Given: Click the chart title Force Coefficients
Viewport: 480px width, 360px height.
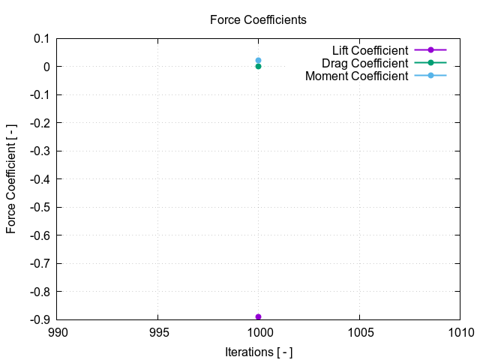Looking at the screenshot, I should tap(258, 20).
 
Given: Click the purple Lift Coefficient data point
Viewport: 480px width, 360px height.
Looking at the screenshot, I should tap(258, 316).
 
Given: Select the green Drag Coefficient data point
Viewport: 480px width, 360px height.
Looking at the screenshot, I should tap(258, 66).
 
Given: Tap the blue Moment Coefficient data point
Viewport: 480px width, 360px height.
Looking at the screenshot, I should tap(258, 60).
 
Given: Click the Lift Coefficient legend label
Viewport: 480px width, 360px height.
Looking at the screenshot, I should tap(370, 49).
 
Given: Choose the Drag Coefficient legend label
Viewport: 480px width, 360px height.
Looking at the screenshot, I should tap(364, 63).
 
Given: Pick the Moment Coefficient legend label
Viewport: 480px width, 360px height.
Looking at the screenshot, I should tap(357, 76).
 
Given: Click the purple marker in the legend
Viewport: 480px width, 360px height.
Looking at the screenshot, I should tap(430, 49).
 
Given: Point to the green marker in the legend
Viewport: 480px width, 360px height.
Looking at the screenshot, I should tap(430, 63).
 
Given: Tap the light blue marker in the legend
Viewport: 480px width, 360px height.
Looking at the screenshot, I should tap(430, 76).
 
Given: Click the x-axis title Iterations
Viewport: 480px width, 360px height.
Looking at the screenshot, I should tap(258, 352).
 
